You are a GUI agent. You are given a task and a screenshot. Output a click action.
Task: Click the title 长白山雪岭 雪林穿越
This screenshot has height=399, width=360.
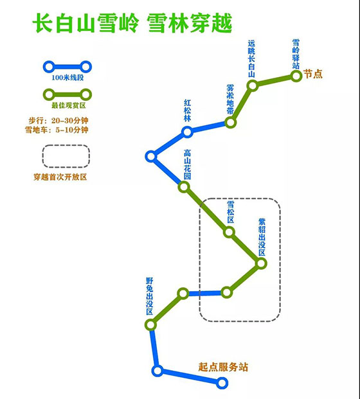132,23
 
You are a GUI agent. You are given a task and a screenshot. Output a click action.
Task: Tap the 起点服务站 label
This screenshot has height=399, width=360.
223,367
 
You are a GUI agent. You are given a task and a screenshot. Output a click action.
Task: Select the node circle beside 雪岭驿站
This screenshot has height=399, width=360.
296,76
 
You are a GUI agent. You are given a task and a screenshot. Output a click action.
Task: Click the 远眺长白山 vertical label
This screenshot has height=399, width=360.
251,58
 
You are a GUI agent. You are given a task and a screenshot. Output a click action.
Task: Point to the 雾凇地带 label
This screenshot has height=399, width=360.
230,100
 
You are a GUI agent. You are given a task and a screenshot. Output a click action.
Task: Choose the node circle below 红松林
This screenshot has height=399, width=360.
187,132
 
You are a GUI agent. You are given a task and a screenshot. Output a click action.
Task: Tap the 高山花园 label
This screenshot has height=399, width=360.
187,164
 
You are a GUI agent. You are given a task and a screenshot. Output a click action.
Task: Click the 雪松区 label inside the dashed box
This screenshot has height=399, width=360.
230,212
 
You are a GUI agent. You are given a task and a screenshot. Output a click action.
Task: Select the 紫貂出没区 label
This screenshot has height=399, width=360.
262,237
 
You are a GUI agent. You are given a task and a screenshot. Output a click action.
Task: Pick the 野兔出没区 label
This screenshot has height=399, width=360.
149,296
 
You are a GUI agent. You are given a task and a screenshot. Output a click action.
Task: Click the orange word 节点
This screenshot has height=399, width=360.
313,74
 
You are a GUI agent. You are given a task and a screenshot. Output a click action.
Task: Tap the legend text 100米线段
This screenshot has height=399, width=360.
67,78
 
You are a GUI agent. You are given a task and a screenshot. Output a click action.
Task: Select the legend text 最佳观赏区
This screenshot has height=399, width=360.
69,105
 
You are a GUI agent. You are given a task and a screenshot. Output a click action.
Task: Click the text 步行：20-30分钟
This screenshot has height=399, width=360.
59,120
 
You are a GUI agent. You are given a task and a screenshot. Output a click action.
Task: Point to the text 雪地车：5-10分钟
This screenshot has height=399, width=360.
57,130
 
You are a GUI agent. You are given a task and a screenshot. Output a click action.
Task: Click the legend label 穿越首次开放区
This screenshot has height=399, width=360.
60,177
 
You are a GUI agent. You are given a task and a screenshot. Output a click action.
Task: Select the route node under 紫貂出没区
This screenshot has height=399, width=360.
261,263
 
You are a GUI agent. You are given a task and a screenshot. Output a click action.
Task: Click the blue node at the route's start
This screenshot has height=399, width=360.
222,383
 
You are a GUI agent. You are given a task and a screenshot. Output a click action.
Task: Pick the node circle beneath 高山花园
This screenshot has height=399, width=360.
184,187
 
